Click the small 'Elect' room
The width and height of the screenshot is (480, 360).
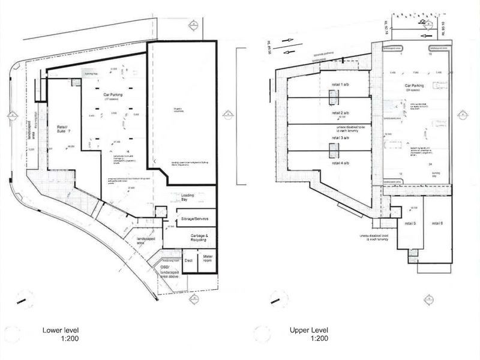[188, 261]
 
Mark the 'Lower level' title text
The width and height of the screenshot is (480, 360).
[59, 331]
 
